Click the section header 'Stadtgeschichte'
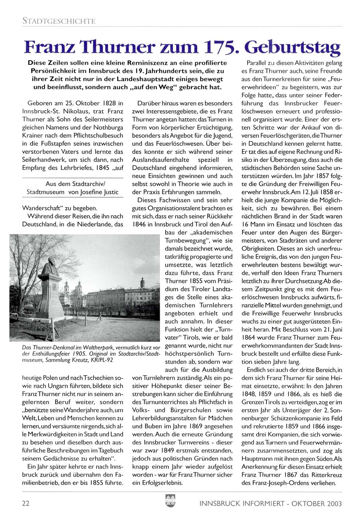tap(59, 22)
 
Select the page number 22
tap(26, 503)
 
